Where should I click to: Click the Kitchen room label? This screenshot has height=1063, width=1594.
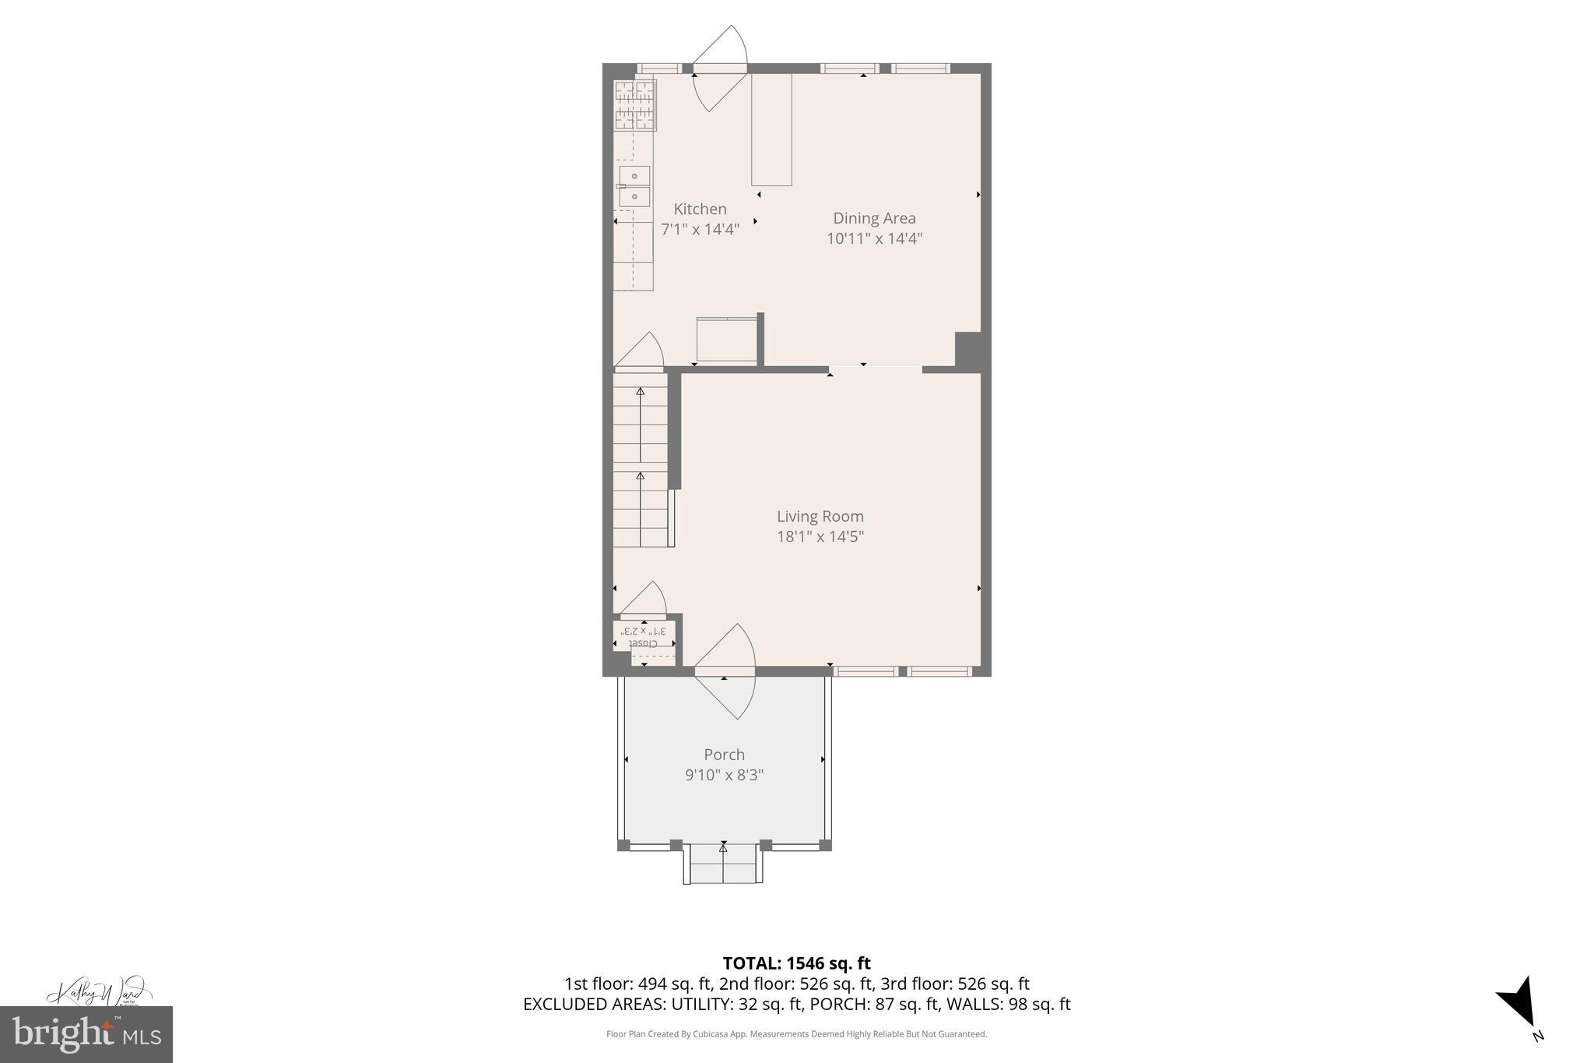[700, 209]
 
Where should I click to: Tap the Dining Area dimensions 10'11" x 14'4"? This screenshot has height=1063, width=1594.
[874, 238]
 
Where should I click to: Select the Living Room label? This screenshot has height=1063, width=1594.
[820, 516]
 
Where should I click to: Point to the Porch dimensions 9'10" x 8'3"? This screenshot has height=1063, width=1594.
[724, 775]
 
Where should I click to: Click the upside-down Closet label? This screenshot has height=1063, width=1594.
[643, 643]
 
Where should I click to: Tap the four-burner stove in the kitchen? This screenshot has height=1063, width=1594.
[635, 105]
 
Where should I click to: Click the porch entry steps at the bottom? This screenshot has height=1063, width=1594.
[723, 864]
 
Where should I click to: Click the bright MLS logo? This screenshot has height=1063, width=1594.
[86, 1034]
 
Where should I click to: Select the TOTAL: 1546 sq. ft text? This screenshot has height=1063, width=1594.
[796, 963]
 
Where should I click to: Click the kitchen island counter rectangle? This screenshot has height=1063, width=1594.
[771, 129]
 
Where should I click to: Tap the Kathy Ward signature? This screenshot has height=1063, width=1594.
[97, 992]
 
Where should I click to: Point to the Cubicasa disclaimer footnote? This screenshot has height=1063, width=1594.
[796, 1034]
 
